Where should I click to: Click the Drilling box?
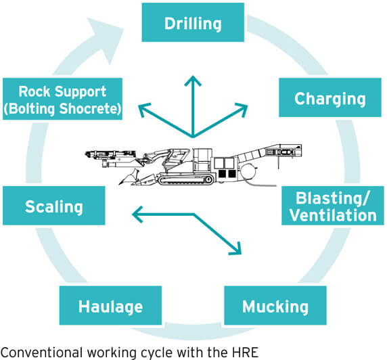tap(193, 24)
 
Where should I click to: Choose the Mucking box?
tap(275, 307)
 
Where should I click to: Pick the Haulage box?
tap(111, 307)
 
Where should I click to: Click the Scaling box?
tap(53, 206)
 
